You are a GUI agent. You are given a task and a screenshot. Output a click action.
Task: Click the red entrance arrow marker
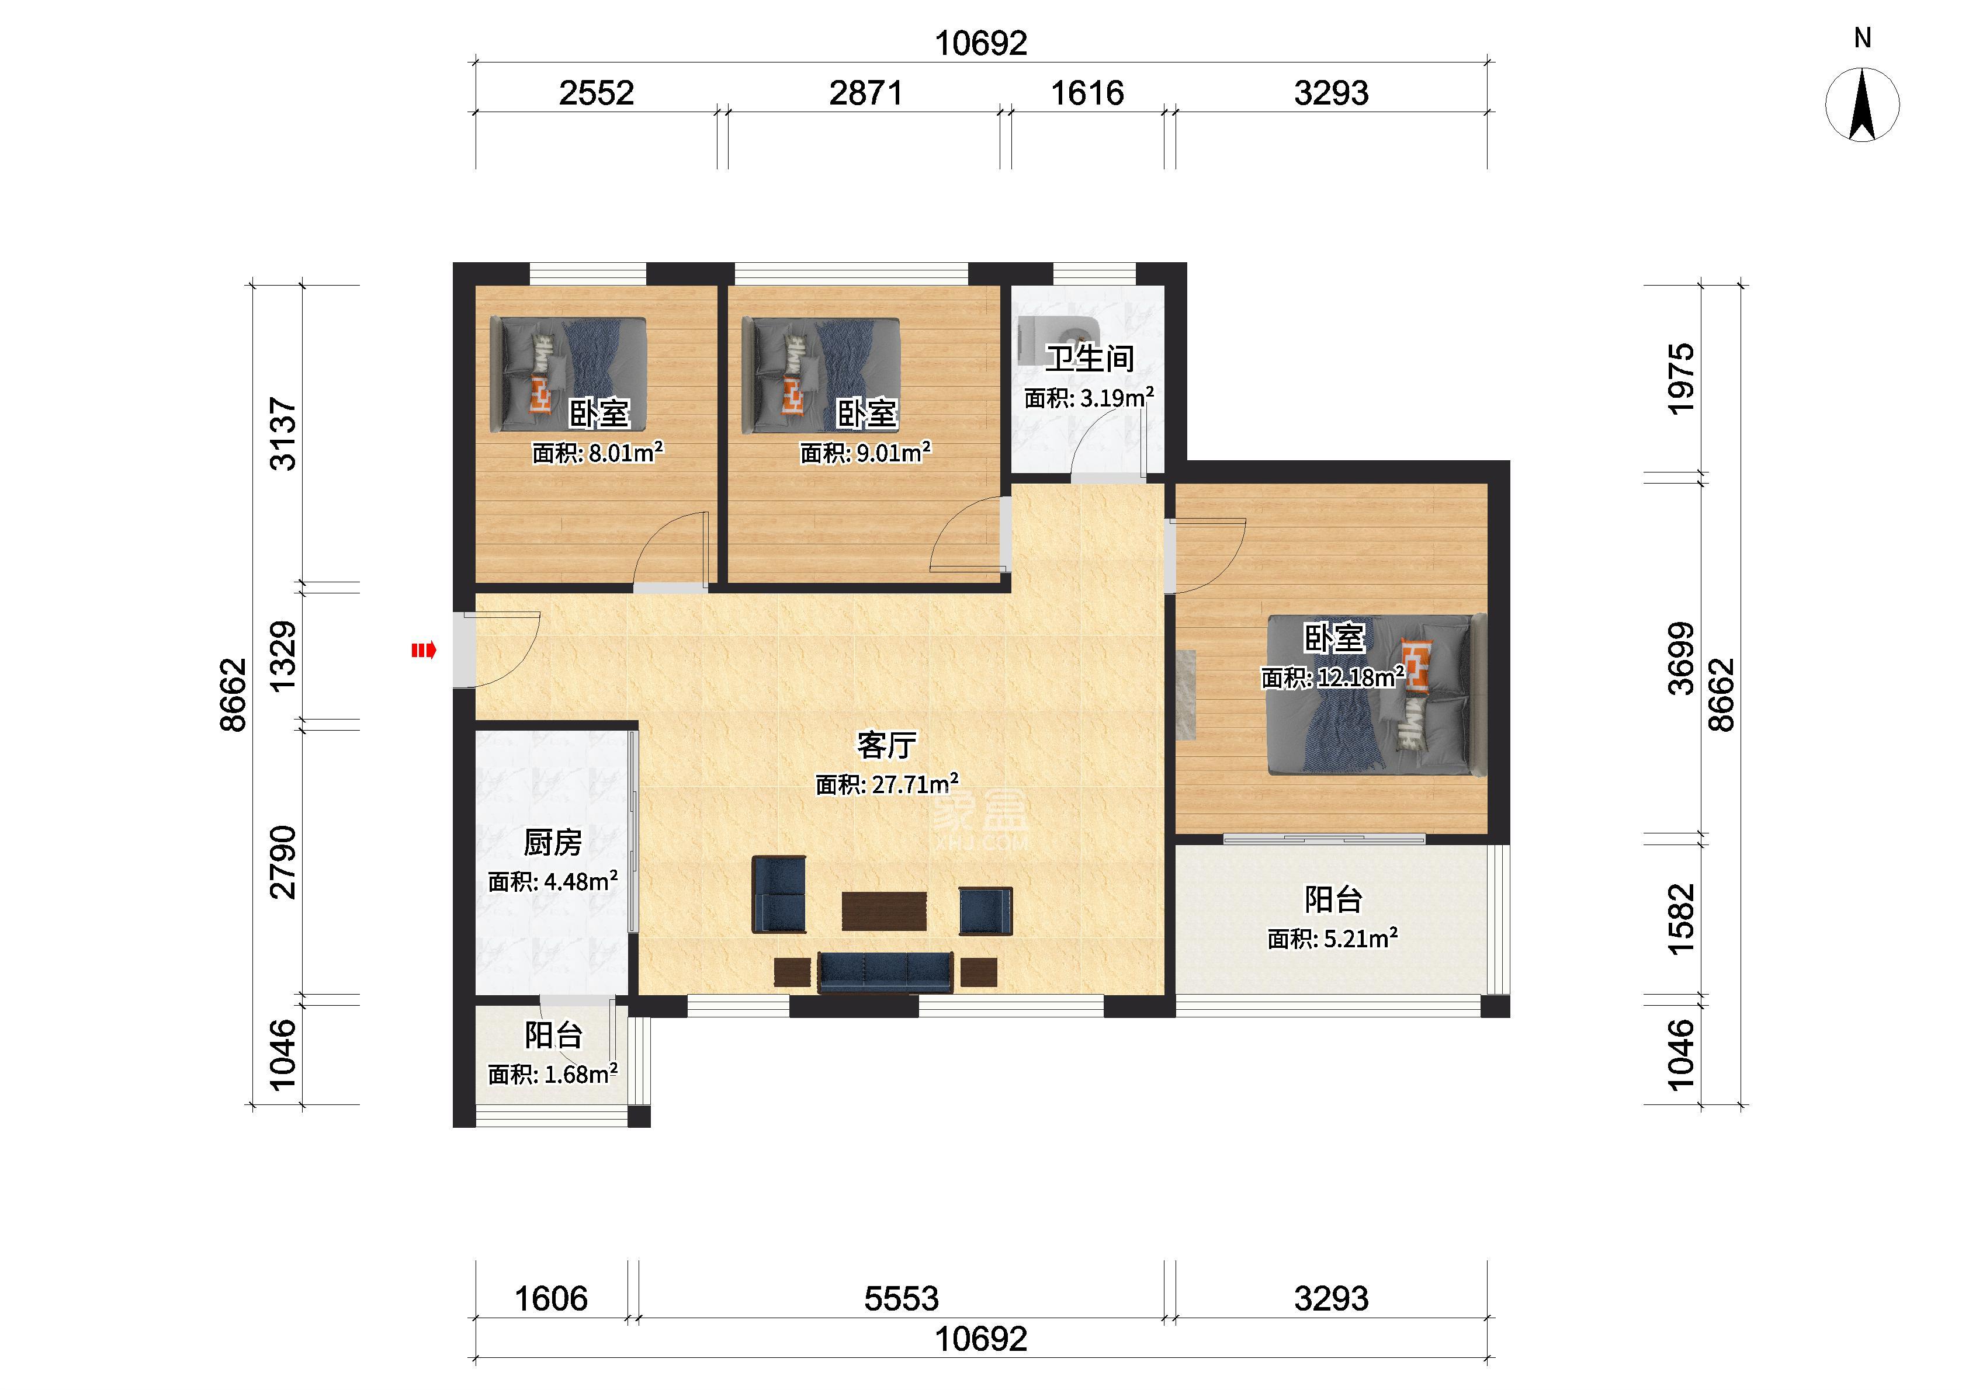point(424,651)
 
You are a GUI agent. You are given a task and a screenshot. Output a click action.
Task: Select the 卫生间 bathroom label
point(1090,358)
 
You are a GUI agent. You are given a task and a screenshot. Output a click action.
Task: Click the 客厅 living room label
point(887,745)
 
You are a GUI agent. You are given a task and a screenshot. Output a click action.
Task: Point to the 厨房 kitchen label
point(553,843)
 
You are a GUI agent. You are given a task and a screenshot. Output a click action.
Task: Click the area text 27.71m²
point(915,783)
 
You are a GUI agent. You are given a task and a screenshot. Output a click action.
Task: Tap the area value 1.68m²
point(581,1073)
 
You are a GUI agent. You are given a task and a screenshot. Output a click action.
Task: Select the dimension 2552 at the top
point(597,92)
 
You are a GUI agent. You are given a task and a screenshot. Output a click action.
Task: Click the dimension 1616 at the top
point(1087,92)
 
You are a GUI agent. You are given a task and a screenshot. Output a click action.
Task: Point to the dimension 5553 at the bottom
point(902,1298)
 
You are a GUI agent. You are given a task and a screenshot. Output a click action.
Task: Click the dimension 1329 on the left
point(283,656)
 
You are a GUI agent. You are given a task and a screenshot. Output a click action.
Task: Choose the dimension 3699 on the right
point(1681,658)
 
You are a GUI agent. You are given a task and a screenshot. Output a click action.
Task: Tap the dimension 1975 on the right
point(1681,379)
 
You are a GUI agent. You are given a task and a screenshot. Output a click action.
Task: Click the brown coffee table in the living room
point(884,911)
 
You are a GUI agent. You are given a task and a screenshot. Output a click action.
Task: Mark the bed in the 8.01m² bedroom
point(567,374)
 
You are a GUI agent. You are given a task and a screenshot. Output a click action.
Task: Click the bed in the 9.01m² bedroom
point(821,374)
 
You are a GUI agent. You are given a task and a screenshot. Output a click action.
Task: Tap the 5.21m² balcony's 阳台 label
point(1333,899)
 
